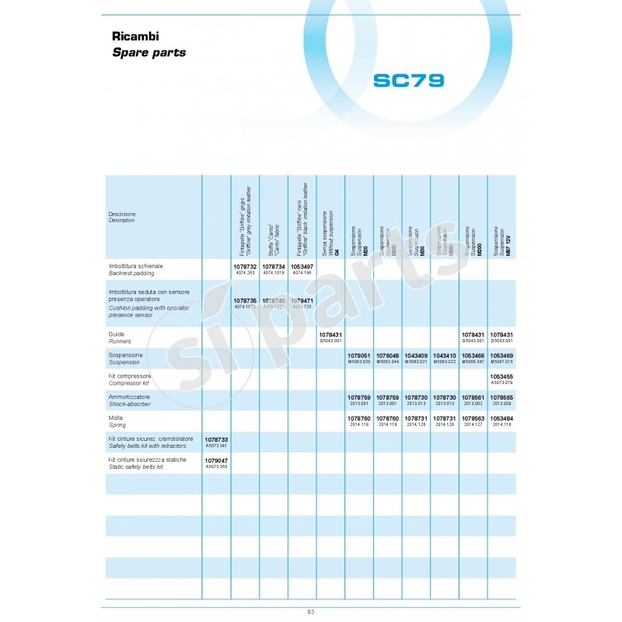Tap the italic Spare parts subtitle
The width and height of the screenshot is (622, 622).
click(149, 53)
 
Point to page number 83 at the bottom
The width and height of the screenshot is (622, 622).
click(310, 612)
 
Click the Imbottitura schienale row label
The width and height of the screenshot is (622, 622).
click(136, 266)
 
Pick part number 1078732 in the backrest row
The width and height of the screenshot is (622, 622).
click(244, 266)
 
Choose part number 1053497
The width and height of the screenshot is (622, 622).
click(302, 266)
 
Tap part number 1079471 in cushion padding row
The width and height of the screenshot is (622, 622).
click(302, 300)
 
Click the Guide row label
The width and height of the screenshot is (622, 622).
click(117, 333)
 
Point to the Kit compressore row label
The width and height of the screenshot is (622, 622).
click(130, 376)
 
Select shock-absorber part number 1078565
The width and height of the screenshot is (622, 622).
click(501, 397)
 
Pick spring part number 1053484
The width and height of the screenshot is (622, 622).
click(501, 418)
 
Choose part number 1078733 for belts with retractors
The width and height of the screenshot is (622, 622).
click(215, 439)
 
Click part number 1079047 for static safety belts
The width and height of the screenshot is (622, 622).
click(215, 460)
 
